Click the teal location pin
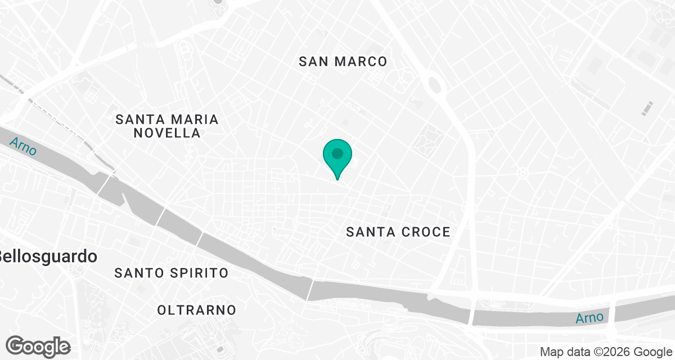[x=337, y=155]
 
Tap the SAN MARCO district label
[x=343, y=61]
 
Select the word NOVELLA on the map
[x=167, y=133]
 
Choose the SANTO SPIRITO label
[x=172, y=273]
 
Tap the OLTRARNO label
[x=197, y=309]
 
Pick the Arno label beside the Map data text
[x=589, y=318]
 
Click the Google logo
[x=38, y=346]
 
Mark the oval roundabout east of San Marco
[x=434, y=85]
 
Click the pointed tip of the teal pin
[x=337, y=179]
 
